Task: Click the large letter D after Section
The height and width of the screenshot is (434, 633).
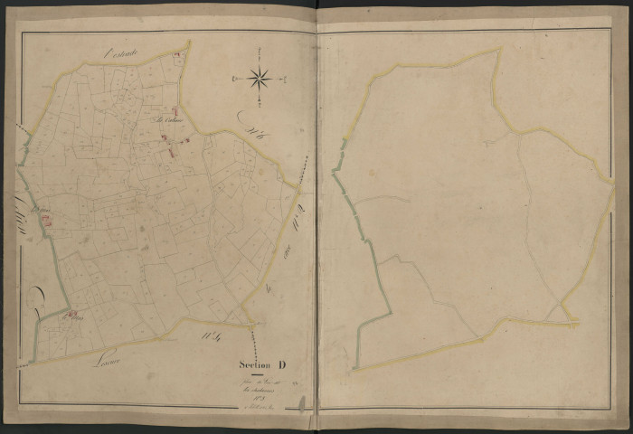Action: point(282,365)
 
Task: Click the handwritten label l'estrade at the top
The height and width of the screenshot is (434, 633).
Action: point(122,53)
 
